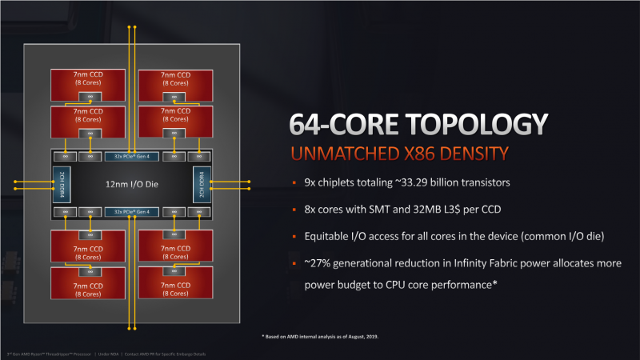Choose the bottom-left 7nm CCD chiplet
[x=90, y=284]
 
